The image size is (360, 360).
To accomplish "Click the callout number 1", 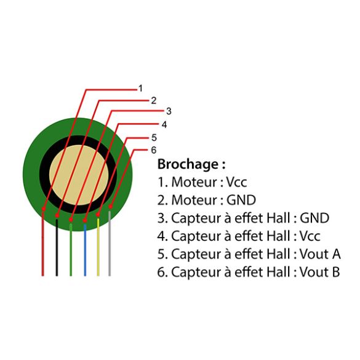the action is pos(140,89).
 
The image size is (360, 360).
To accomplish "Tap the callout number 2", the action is pos(154,100).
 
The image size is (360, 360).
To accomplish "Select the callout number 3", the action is pos(169,111).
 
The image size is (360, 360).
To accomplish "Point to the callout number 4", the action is pos(164,125).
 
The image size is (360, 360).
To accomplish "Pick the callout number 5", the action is pos(154,138).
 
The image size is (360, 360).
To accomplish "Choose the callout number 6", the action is pos(154,150).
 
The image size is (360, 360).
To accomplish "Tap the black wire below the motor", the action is pos(57,247).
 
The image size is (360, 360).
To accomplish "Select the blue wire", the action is pos(85,250).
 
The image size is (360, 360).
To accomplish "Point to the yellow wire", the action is pos(98,247).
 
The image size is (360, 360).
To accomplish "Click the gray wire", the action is pos(110,243).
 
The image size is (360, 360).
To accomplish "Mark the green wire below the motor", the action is pos(71,250).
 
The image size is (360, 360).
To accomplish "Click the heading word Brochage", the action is pos(188,165).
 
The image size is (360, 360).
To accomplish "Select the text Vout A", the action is pos(320,254).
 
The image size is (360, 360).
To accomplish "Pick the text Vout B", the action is pos(320,272).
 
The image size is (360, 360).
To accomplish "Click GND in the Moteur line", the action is pos(241,200).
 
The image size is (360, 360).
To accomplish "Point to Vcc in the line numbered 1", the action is pos(236,182).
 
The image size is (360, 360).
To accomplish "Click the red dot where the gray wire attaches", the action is pos(110,206).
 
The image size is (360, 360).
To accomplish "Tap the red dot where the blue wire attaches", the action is pos(85,221).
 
